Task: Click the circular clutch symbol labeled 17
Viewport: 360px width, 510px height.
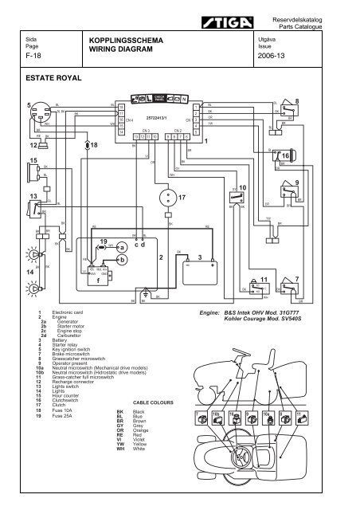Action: [167, 195]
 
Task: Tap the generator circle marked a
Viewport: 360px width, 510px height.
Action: [121, 249]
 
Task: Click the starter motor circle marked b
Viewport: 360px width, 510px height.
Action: [121, 260]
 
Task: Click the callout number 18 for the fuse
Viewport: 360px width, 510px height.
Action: [93, 147]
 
